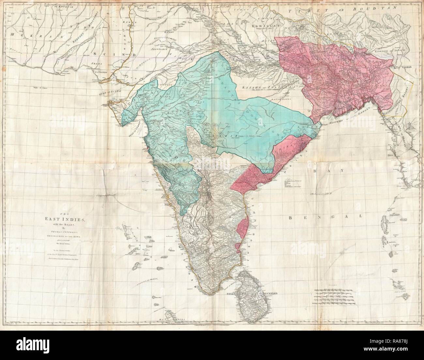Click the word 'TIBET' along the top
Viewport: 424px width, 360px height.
pyautogui.click(x=304, y=11)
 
